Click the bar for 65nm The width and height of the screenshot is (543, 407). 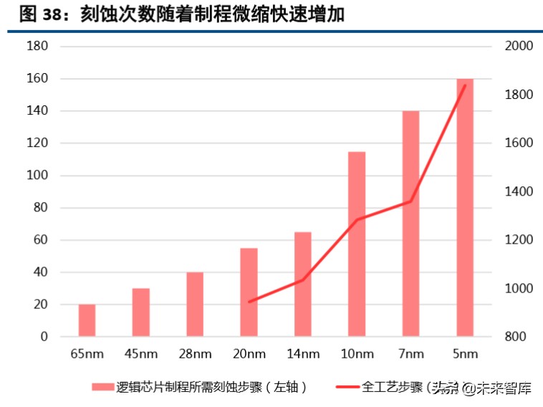click(87, 320)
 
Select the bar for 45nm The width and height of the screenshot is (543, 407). click(141, 312)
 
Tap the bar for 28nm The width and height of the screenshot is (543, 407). click(195, 305)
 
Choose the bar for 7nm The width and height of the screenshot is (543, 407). click(410, 224)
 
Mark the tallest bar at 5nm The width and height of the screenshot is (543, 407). click(465, 208)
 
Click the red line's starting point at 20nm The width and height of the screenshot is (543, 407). click(249, 302)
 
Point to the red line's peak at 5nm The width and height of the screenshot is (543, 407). click(465, 85)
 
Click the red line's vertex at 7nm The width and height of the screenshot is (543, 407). click(410, 201)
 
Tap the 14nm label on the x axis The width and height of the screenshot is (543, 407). click(302, 354)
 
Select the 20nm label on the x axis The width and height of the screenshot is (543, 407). click(249, 354)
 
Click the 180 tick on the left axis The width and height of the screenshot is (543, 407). click(37, 47)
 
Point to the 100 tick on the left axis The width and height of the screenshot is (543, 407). click(37, 176)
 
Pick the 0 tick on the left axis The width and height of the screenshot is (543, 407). click(44, 337)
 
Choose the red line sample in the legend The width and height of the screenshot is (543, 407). click(347, 388)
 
